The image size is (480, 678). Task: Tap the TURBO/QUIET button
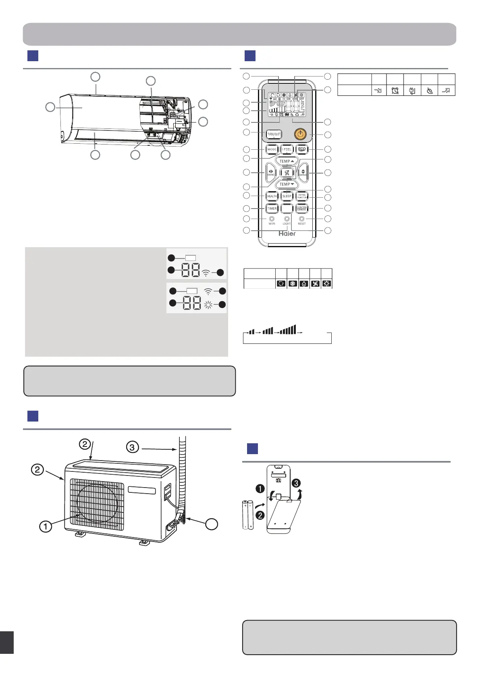click(x=274, y=134)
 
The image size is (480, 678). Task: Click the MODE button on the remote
click(x=272, y=149)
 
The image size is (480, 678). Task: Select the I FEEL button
click(x=287, y=149)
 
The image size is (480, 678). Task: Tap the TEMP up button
click(x=287, y=161)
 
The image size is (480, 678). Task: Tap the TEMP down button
click(x=287, y=184)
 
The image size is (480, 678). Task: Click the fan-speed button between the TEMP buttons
click(x=287, y=173)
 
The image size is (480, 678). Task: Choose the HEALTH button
click(x=272, y=196)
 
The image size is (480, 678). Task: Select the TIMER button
click(x=272, y=209)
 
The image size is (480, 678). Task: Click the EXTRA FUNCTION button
click(x=302, y=196)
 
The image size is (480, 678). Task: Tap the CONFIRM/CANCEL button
click(x=302, y=209)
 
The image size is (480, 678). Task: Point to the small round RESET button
click(x=301, y=219)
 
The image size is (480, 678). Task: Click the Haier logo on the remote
click(x=287, y=234)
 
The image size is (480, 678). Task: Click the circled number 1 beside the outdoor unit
click(x=46, y=526)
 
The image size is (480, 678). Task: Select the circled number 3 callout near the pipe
click(x=133, y=446)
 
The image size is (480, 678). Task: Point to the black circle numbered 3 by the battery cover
click(x=297, y=483)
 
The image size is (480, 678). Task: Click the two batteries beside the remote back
click(x=247, y=514)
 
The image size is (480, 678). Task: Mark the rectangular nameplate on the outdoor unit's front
click(x=142, y=490)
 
